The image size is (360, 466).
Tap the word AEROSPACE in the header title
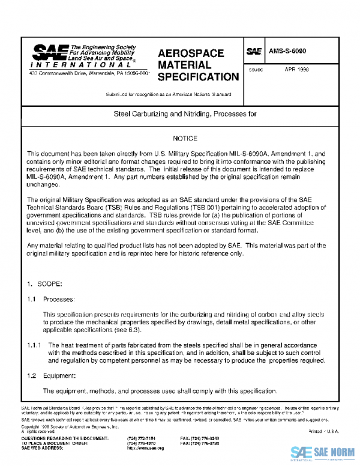point(191,53)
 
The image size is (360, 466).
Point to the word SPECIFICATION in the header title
point(198,77)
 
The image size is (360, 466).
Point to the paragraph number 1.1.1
point(34,345)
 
